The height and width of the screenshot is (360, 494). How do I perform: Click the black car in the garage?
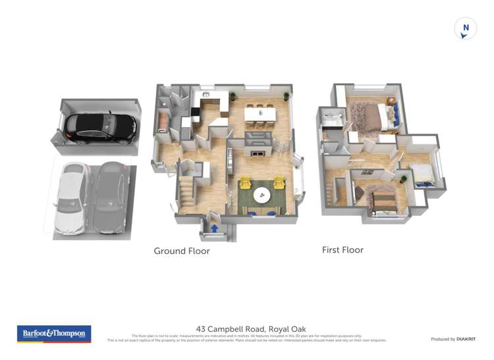pyautogui.click(x=101, y=127)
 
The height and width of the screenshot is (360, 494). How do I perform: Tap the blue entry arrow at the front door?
pyautogui.click(x=214, y=228)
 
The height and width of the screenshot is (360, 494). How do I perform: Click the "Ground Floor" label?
pyautogui.click(x=182, y=251)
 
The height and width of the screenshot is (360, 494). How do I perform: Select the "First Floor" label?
pyautogui.click(x=343, y=250)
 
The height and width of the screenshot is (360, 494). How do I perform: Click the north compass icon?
pyautogui.click(x=466, y=29)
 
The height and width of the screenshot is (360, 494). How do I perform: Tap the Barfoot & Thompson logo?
pyautogui.click(x=54, y=334)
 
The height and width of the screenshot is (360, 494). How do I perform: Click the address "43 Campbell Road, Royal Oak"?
pyautogui.click(x=251, y=329)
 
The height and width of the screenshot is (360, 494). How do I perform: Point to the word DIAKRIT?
pyautogui.click(x=466, y=339)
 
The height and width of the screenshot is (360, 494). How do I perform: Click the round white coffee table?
pyautogui.click(x=261, y=195)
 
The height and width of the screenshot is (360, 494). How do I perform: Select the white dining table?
pyautogui.click(x=260, y=115)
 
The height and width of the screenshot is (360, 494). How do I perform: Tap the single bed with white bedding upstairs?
pyautogui.click(x=423, y=174)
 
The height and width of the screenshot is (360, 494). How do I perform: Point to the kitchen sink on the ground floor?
pyautogui.click(x=206, y=96)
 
